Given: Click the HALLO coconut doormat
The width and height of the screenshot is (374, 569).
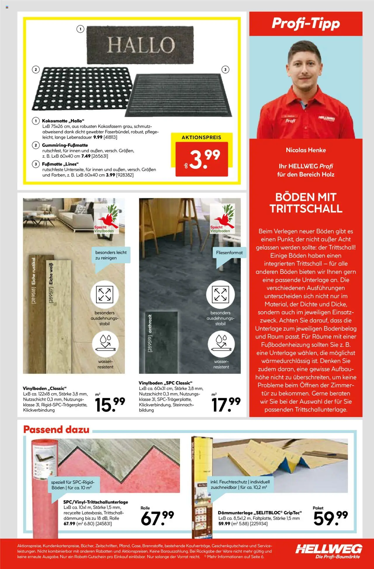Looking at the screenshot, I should click(140, 45).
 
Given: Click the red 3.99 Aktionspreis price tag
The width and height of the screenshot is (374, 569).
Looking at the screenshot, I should click(202, 159).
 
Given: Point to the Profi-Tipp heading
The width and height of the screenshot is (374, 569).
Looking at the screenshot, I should click(306, 24).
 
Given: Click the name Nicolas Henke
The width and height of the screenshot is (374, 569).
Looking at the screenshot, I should click(306, 150).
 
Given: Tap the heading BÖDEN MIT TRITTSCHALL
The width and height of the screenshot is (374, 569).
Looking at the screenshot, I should click(306, 203).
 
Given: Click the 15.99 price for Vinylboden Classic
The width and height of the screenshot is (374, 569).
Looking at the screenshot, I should click(110, 404).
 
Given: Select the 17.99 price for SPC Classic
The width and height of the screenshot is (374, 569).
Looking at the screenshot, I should click(226, 404).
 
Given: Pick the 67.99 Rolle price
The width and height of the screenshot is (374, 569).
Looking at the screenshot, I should click(157, 518).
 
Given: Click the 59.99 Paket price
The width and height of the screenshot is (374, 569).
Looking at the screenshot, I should click(330, 518).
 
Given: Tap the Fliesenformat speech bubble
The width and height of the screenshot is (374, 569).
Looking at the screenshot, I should click(229, 253).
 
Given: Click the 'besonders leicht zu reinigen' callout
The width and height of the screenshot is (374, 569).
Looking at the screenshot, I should click(111, 255).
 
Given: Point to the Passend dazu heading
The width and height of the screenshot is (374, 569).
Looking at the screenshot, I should click(56, 430).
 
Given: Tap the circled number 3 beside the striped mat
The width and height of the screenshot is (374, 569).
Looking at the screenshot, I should click(225, 69).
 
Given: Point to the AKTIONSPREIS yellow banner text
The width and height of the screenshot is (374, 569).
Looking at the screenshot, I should click(201, 138).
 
